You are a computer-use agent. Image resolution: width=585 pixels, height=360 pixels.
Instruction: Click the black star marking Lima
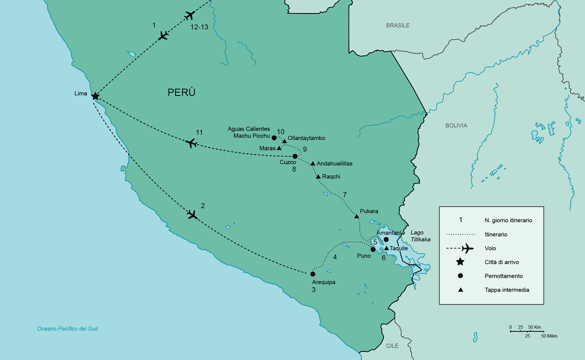click(x=95, y=96)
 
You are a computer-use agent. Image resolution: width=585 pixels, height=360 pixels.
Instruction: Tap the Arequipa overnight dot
click(x=312, y=274)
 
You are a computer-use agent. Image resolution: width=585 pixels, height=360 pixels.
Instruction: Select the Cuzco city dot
click(x=295, y=156)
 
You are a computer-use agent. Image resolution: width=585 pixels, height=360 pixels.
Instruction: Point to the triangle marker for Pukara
click(x=356, y=216)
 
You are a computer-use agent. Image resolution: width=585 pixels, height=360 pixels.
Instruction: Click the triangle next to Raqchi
click(x=318, y=176)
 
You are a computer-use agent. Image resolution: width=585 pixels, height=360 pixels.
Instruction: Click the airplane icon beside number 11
click(x=190, y=143)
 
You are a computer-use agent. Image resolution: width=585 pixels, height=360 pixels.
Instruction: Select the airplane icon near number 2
click(x=192, y=214)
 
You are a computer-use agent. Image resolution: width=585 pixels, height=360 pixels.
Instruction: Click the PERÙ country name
click(x=181, y=92)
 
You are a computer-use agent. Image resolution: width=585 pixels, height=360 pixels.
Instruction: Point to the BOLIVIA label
click(x=456, y=125)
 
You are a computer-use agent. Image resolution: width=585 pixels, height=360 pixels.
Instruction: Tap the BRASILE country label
click(x=397, y=25)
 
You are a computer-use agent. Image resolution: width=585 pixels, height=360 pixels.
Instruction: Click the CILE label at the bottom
click(x=392, y=345)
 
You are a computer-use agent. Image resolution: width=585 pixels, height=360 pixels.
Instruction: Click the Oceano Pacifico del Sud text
click(x=67, y=328)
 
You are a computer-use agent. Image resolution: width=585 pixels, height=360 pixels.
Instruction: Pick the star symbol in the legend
click(x=460, y=262)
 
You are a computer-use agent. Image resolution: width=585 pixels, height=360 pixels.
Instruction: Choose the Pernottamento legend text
click(x=503, y=276)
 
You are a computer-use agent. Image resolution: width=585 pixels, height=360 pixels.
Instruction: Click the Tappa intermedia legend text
click(x=506, y=290)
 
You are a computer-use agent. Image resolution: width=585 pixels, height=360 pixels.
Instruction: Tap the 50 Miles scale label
click(x=549, y=336)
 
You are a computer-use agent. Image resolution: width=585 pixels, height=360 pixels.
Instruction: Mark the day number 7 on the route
click(x=344, y=194)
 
